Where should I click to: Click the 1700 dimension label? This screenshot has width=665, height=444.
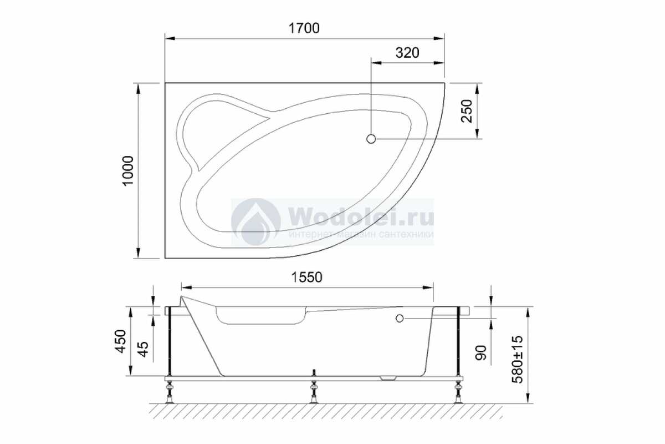[304, 28]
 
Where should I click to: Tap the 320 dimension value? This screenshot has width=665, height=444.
[407, 53]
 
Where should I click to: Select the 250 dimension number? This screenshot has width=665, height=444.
[467, 110]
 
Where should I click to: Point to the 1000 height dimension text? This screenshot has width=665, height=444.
[129, 170]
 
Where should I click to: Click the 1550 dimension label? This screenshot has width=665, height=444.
[306, 277]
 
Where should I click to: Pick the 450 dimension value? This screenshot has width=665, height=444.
[121, 341]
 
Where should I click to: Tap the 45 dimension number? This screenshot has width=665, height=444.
[143, 349]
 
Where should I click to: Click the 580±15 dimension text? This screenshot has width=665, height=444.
[518, 359]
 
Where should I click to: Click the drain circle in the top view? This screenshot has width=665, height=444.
[371, 139]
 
